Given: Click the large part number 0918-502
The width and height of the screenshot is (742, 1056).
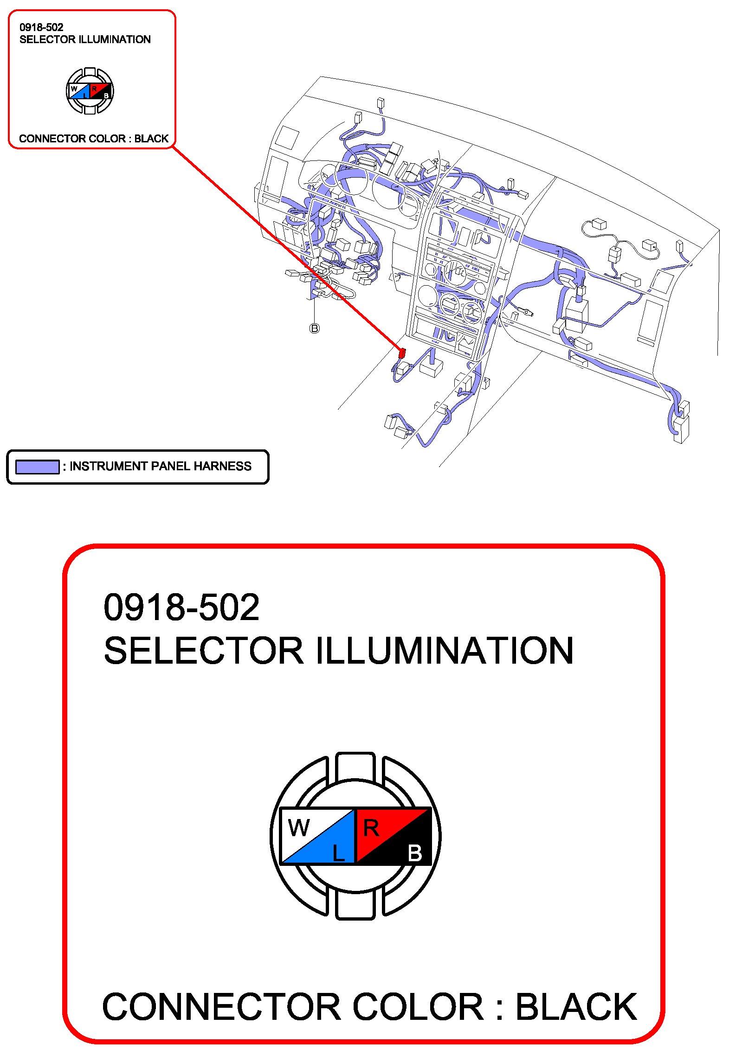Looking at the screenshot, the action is [181, 608].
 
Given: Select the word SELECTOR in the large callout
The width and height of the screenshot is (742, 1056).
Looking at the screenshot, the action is [203, 651].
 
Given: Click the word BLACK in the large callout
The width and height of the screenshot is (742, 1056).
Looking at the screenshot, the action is [576, 1007].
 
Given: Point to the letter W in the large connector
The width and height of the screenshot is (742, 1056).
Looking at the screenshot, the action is [299, 828].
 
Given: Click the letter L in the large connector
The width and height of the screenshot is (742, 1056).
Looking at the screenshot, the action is [339, 852].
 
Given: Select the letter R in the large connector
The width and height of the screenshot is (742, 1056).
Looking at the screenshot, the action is [371, 828].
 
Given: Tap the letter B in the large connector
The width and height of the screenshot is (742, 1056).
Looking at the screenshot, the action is [415, 853].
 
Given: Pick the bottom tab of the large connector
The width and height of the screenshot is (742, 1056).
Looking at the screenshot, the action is [355, 905].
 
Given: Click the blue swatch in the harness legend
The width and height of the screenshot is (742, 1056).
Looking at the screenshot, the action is [37, 467].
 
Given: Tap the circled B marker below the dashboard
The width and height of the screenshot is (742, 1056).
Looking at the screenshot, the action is [315, 328].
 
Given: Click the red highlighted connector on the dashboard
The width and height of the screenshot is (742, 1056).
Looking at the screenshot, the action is [402, 353].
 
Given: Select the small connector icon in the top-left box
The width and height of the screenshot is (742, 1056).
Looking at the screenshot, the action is [90, 91].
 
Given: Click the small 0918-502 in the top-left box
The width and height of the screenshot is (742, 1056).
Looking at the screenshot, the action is [41, 27].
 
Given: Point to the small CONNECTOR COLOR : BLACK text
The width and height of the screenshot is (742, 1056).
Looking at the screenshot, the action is [94, 139].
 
